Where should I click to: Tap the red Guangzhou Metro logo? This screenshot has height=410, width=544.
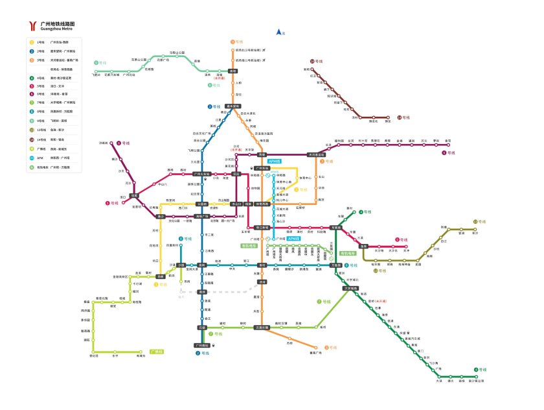32,26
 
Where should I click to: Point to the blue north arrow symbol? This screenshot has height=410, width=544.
278,32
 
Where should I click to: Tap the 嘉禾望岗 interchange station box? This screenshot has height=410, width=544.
233,106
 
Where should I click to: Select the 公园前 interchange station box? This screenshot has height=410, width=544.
202,204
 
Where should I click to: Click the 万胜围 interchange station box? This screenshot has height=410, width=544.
335,265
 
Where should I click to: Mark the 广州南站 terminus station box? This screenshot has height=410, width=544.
203,345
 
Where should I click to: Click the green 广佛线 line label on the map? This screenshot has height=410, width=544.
155,352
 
